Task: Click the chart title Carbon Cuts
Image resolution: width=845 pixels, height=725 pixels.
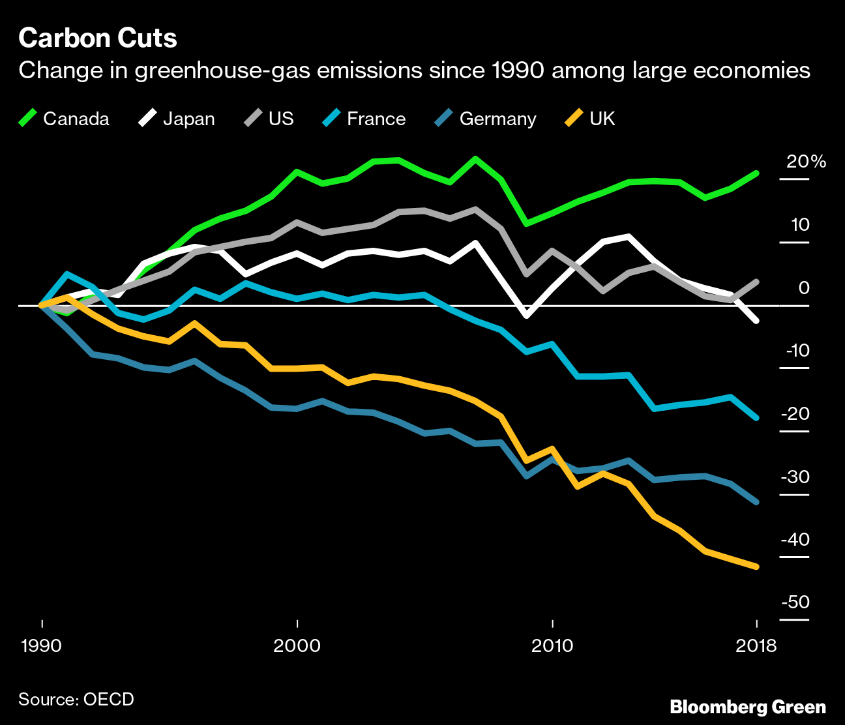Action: point(98,38)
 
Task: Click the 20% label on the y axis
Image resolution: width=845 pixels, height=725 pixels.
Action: point(806,162)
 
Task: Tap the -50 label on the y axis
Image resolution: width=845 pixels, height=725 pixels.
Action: point(795,602)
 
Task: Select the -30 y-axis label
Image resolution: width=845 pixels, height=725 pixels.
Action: point(795,477)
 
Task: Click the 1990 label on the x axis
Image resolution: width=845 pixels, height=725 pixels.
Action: point(41,646)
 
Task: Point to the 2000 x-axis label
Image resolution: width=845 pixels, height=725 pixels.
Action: point(297,646)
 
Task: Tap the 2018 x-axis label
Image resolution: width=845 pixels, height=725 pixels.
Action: point(756,646)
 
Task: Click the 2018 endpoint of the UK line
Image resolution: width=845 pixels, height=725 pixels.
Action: point(756,567)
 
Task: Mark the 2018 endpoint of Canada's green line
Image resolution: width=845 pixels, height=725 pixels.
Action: point(756,173)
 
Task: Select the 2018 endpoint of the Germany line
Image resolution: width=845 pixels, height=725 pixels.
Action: point(756,502)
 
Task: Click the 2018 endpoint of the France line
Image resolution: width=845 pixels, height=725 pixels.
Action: point(756,417)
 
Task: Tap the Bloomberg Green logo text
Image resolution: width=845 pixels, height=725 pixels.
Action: point(748,707)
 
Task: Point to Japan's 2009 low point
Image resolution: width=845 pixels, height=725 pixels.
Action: point(527,316)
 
